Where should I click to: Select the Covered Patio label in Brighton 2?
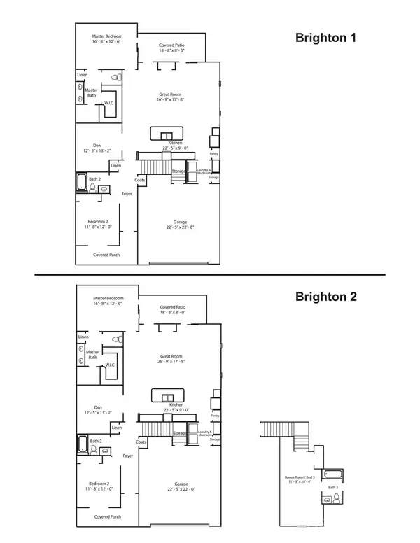[172, 310]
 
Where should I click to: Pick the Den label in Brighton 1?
[97, 148]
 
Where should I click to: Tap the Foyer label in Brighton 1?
[127, 193]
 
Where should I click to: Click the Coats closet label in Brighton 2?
[140, 442]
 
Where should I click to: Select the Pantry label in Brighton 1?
[214, 153]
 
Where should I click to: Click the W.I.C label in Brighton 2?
[110, 365]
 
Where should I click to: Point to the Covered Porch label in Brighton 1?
[106, 255]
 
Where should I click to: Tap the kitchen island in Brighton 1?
[166, 133]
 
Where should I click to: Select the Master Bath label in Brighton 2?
[92, 355]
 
